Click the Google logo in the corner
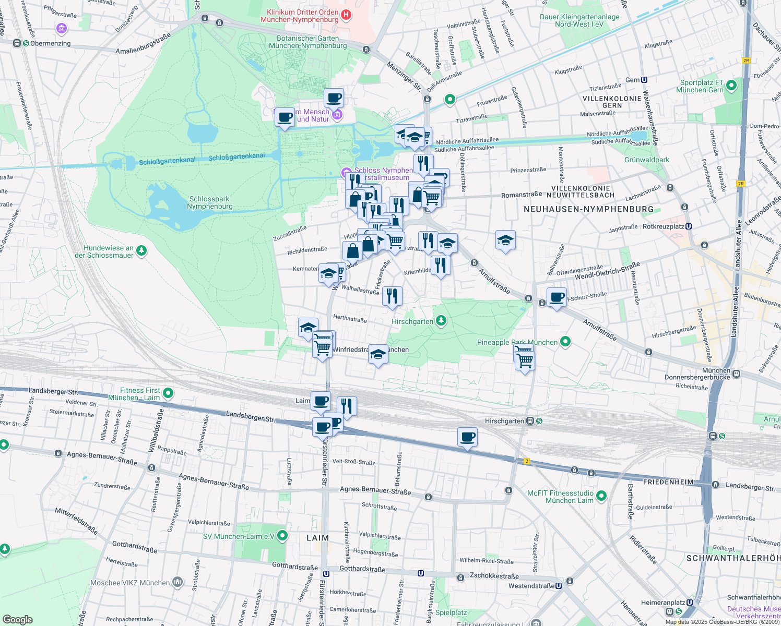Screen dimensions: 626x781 [17, 620]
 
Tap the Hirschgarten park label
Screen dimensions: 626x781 [412, 321]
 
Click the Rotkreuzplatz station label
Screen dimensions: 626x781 [663, 227]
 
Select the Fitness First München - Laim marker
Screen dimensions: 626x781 [168, 393]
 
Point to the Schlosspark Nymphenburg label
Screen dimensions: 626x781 [209, 202]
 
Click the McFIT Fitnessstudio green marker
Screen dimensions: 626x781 [601, 496]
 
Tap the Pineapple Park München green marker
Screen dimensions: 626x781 [565, 342]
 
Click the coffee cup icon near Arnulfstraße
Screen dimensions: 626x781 [557, 297]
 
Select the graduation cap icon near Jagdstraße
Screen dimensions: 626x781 [505, 240]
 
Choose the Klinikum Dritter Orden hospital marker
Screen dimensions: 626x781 [346, 16]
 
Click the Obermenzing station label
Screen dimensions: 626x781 [50, 43]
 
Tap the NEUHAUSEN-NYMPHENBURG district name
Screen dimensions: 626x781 [588, 209]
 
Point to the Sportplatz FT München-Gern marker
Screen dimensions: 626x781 [731, 85]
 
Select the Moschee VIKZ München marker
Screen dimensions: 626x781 [177, 582]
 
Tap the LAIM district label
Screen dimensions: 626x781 [317, 538]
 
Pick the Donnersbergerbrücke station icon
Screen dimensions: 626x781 [736, 374]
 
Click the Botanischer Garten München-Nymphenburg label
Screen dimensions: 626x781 [307, 42]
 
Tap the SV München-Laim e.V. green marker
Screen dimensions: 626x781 [282, 536]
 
